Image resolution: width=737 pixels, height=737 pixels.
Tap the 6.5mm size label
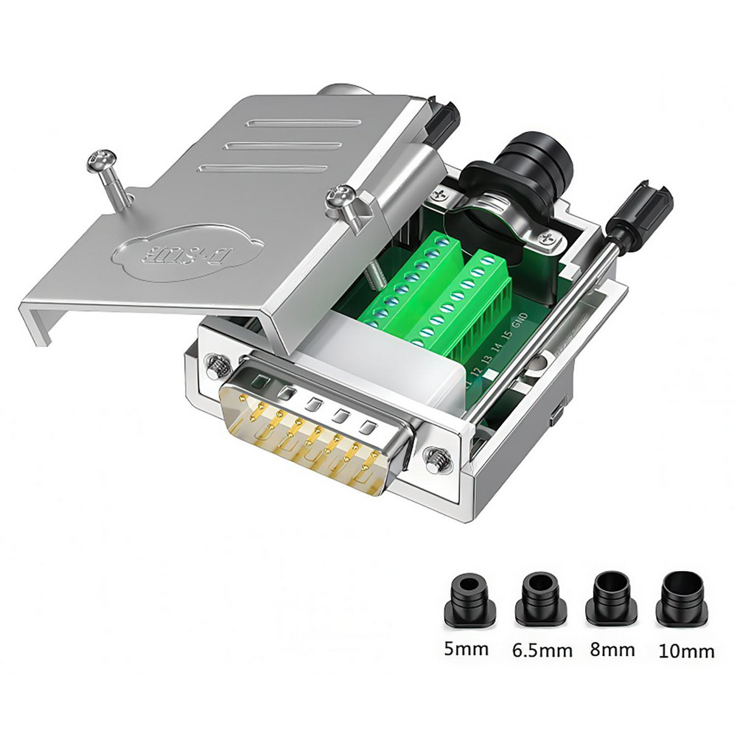542,650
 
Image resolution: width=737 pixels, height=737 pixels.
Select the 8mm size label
612,649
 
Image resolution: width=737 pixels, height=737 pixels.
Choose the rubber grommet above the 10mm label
682,598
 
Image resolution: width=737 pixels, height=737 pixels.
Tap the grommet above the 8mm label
611,598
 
